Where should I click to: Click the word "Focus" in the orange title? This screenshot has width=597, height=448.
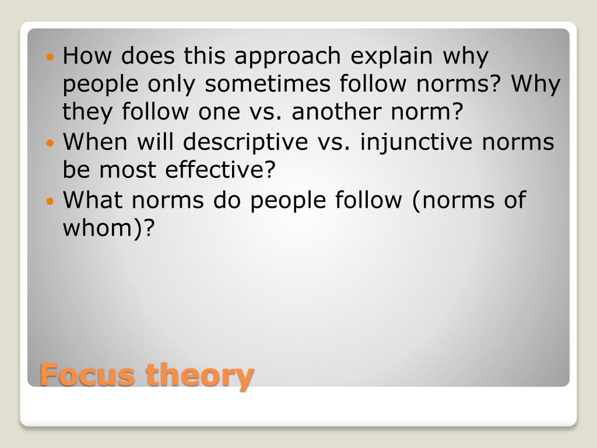click(88, 374)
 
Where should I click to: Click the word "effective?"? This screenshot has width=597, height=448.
click(220, 170)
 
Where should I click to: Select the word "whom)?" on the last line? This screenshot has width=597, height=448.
click(110, 229)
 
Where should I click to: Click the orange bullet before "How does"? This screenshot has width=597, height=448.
click(50, 57)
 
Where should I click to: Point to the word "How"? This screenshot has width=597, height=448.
click(88, 56)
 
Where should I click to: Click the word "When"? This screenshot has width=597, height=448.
click(96, 142)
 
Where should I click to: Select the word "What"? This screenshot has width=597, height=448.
click(93, 200)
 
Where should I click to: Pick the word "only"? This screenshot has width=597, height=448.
click(172, 84)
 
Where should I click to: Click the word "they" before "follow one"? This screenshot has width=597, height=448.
click(87, 112)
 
